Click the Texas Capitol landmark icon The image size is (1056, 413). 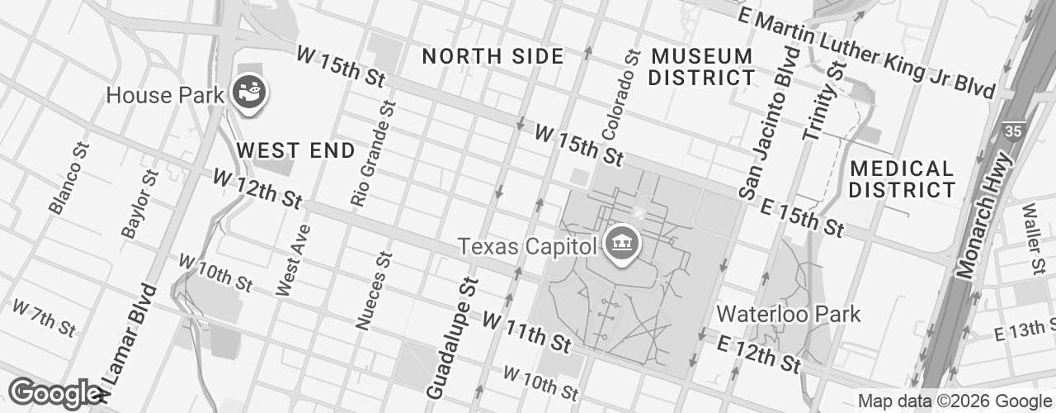tap(619, 244)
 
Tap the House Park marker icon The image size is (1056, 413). tap(248, 92)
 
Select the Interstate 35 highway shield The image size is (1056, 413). tap(1011, 131)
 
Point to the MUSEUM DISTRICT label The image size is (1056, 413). tap(702, 68)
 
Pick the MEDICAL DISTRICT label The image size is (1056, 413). tap(902, 179)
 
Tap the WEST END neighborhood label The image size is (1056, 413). tap(295, 150)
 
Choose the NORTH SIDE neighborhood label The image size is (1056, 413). tap(493, 56)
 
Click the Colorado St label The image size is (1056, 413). tap(621, 93)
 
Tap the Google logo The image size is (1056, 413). tap(54, 393)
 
